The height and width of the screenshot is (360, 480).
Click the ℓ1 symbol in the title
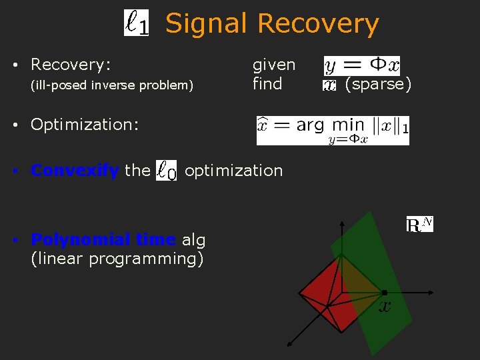pyautogui.click(x=137, y=23)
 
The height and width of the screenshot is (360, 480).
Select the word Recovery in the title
pyautogui.click(x=318, y=23)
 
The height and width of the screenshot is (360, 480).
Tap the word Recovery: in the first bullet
pyautogui.click(x=71, y=65)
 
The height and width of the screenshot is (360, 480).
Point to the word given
pyautogui.click(x=273, y=65)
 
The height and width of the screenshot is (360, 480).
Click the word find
pyautogui.click(x=267, y=84)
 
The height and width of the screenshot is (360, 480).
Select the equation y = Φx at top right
pyautogui.click(x=361, y=65)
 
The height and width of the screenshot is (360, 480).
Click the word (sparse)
pyautogui.click(x=378, y=84)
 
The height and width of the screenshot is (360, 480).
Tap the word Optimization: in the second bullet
pyautogui.click(x=85, y=125)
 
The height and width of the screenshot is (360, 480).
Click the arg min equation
pyautogui.click(x=333, y=129)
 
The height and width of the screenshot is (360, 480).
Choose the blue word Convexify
pyautogui.click(x=75, y=171)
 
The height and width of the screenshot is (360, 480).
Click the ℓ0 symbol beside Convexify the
pyautogui.click(x=167, y=171)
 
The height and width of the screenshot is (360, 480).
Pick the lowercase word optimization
pyautogui.click(x=233, y=171)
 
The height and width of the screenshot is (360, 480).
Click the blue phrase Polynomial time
pyautogui.click(x=103, y=240)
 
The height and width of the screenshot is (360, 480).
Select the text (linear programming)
pyautogui.click(x=117, y=258)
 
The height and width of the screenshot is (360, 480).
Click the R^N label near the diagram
pyautogui.click(x=419, y=225)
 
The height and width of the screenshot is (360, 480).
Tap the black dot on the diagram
pyautogui.click(x=385, y=293)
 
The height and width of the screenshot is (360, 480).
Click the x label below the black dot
pyautogui.click(x=385, y=307)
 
